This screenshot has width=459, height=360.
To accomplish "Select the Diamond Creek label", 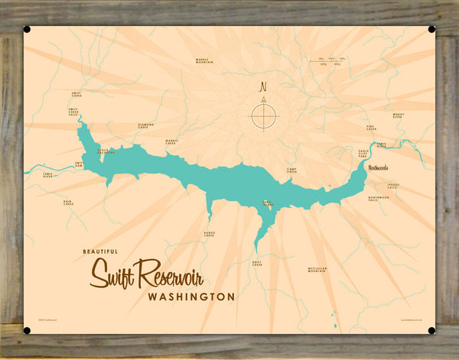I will click(145, 125).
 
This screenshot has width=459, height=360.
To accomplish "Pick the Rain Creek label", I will click(68, 203).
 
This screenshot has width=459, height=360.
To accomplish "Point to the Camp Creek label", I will click(291, 170).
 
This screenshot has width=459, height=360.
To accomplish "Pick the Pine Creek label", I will click(372, 128).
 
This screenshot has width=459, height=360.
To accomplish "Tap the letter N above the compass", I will click(263, 86).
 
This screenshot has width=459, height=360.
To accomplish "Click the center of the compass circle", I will click(263, 115).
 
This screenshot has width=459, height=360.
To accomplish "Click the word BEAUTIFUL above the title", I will click(104, 250).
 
